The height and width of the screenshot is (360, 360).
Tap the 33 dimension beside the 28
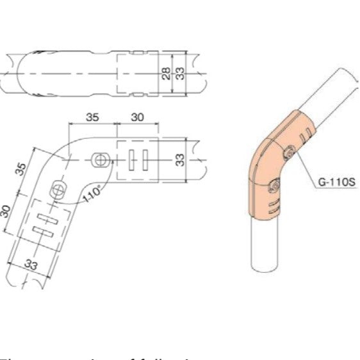click(180, 74)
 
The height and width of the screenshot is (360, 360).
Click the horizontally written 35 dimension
click(92, 117)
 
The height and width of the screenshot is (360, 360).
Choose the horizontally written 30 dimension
click(136, 117)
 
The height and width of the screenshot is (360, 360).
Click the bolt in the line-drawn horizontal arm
click(99, 159)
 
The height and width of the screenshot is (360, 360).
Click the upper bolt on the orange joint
click(289, 152)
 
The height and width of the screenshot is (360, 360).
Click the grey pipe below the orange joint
click(265, 247)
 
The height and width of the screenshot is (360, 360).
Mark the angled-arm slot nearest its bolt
click(47, 217)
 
